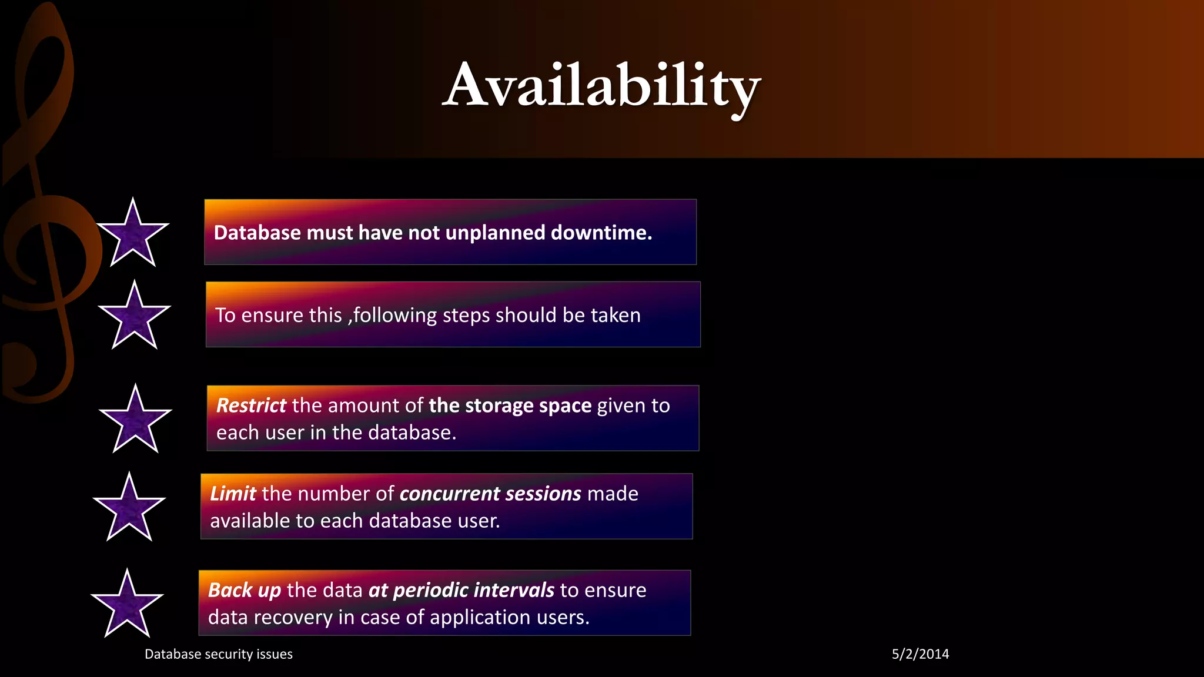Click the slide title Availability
[601, 86]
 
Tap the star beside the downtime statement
[133, 235]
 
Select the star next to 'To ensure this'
[135, 317]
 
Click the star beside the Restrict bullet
[135, 421]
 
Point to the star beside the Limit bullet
[129, 509]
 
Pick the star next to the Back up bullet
[127, 605]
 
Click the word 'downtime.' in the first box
[601, 233]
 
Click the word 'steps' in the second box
[466, 316]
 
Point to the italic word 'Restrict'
[251, 405]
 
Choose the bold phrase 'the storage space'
[510, 405]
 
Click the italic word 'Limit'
[233, 494]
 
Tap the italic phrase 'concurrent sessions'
[490, 494]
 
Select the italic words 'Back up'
[245, 590]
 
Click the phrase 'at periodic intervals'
[461, 590]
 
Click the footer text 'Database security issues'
[219, 654]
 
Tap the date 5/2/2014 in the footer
[920, 654]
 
